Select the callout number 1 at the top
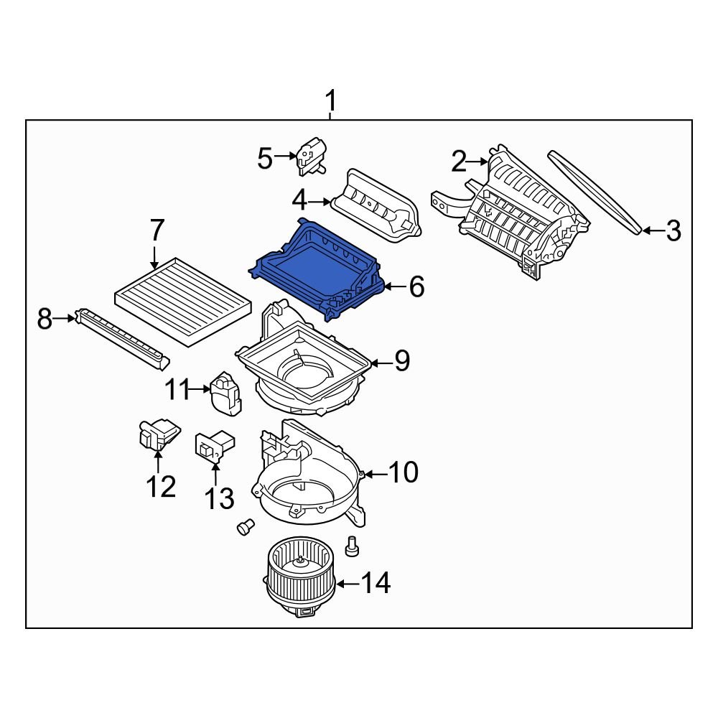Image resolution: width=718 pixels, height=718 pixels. point(331,100)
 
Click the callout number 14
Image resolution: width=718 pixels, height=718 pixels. point(376,584)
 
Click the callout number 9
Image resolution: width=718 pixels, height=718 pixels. point(401,361)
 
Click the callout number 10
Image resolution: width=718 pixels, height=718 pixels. point(403,472)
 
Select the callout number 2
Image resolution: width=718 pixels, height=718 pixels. point(460,162)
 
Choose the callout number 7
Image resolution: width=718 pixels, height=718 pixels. point(157,231)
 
